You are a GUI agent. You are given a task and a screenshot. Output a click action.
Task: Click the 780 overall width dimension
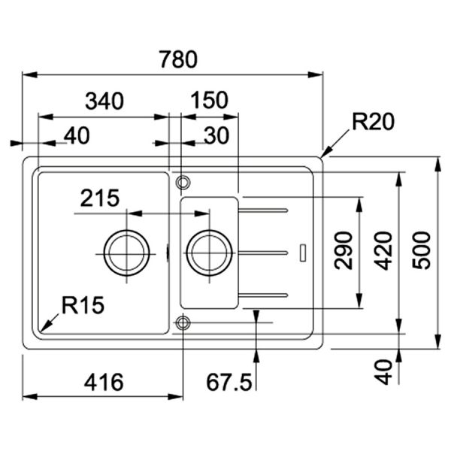[x=178, y=58]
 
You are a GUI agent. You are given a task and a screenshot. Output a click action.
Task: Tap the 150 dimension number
[x=210, y=101]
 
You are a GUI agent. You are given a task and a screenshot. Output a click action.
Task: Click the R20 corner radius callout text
[x=374, y=123]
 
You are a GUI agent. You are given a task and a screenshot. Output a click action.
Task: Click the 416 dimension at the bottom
[x=103, y=382]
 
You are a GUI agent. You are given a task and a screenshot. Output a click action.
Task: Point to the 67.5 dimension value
[x=229, y=382]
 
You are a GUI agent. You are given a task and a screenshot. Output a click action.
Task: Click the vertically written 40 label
[x=383, y=371]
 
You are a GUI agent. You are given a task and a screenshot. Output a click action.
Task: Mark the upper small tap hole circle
[x=181, y=182]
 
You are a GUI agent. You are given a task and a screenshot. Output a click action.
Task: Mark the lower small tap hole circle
[x=181, y=323]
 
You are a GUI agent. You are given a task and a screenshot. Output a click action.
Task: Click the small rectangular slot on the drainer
[x=302, y=252]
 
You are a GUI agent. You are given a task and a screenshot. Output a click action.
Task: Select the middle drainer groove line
[x=263, y=251]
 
